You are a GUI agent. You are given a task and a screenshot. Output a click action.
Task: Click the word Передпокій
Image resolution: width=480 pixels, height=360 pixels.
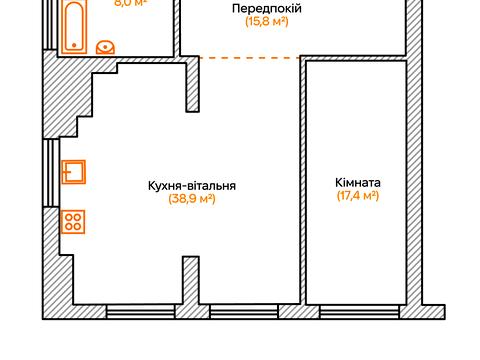pos(267,8)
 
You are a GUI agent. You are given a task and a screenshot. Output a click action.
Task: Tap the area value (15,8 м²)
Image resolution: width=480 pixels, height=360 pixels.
pos(267,22)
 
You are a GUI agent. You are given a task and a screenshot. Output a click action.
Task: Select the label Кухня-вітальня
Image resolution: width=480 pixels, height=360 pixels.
pos(191,185)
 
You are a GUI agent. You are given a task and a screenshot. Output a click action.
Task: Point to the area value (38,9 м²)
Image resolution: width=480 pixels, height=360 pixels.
pos(191,199)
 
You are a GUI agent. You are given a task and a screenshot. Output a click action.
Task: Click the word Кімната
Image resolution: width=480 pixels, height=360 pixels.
pos(358,183)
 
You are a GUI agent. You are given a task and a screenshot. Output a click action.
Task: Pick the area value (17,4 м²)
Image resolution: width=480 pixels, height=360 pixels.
pos(358,197)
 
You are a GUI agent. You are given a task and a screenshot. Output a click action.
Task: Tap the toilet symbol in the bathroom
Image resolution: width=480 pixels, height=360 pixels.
pos(107,46)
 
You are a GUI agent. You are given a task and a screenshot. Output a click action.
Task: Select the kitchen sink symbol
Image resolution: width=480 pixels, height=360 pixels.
pos(73,173)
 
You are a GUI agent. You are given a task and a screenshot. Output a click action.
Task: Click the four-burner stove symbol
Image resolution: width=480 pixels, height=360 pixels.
pos(73,221)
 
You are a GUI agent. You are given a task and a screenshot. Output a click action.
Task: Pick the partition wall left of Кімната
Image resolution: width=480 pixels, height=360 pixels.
pos(302,180)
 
